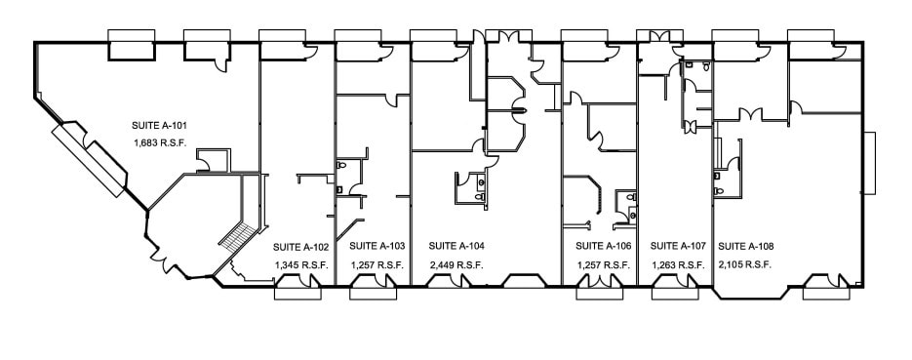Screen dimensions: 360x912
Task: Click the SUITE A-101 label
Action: (x=160, y=126)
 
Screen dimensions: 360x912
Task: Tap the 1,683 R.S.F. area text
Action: (x=160, y=142)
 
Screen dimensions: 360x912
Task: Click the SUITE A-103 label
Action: (x=377, y=246)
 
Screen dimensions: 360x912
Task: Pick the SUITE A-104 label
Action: (x=456, y=246)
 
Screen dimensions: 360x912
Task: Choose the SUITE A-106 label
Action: (x=604, y=246)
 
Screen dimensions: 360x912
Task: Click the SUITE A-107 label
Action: (x=678, y=246)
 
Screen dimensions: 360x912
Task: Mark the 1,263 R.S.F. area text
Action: (x=678, y=264)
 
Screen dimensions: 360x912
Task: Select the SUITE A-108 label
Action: (x=746, y=246)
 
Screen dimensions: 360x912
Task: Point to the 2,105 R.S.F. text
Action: (x=746, y=264)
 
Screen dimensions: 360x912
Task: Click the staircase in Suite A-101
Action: (x=238, y=234)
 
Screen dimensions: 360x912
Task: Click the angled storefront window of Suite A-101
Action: (x=91, y=157)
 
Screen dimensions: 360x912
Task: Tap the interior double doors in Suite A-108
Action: (x=751, y=116)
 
